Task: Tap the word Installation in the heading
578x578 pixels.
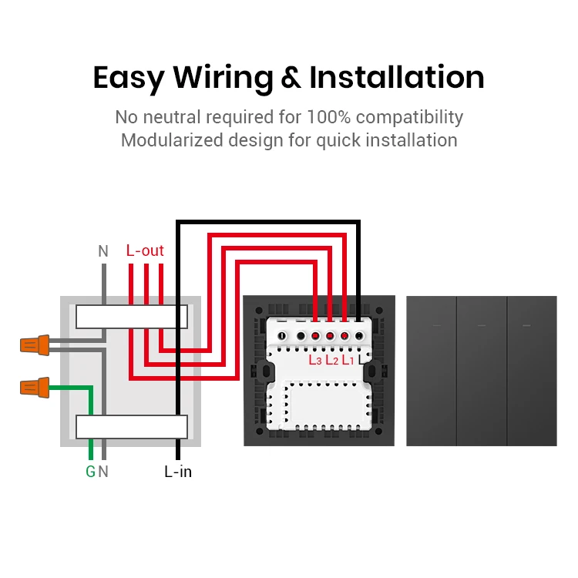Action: coord(397,79)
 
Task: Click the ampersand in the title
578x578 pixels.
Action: coord(291,79)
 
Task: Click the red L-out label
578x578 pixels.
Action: coord(145,250)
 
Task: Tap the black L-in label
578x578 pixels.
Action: coord(178,472)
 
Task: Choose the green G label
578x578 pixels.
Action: coord(90,472)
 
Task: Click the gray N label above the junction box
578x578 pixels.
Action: coord(103,251)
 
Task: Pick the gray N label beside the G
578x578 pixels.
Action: coord(103,472)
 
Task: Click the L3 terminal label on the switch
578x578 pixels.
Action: coord(315,359)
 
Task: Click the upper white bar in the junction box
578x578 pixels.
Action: coord(131,316)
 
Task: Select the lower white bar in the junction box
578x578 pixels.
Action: coord(131,426)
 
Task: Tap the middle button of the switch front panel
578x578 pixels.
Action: coord(482,371)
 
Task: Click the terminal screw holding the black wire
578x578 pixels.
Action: coord(358,336)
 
